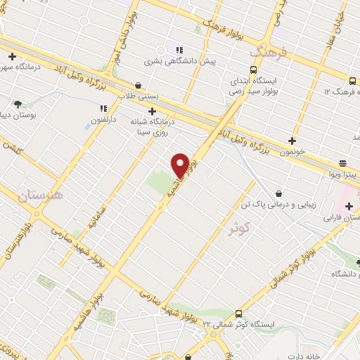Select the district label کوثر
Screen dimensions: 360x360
pos(240,227)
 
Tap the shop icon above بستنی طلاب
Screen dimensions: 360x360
pos(138,86)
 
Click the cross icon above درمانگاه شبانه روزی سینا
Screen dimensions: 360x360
pos(152,111)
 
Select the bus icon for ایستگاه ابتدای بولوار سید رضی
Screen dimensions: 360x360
pos(234,69)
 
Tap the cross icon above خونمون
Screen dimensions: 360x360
pos(292,141)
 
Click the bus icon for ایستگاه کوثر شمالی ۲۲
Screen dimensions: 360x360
pos(239,314)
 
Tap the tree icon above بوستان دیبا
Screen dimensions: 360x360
pos(18,104)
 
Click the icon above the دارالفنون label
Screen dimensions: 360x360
pos(103,109)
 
